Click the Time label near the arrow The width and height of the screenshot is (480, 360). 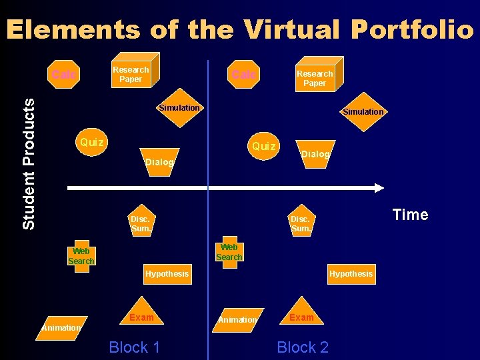[410, 215]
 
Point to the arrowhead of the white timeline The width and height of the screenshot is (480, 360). [379, 189]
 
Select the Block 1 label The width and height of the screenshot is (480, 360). [134, 347]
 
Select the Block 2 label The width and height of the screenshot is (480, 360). [303, 347]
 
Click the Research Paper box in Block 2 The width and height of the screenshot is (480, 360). [315, 77]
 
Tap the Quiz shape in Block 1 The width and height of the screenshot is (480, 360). [92, 142]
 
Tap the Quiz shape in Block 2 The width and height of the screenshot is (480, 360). [264, 146]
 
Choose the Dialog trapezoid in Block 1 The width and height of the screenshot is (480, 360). [160, 162]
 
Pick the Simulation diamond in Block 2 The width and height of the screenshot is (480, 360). [363, 112]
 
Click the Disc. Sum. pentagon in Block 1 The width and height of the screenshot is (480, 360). [141, 223]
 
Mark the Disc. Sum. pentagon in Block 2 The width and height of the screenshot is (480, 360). [300, 223]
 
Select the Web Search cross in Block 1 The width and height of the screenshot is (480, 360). [81, 256]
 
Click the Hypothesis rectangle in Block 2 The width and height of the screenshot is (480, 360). [351, 274]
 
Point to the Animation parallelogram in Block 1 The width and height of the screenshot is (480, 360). [61, 327]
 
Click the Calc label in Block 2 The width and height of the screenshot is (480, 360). [243, 75]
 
